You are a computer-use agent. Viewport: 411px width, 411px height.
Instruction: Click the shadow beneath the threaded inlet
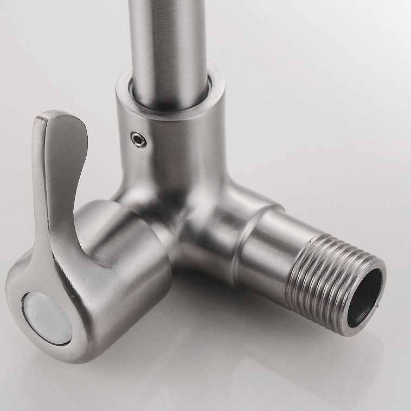(325, 347)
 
